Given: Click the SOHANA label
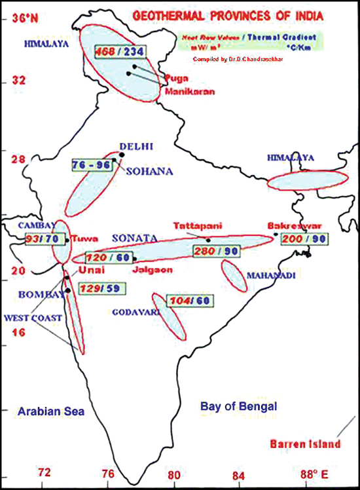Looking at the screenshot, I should point(150,172).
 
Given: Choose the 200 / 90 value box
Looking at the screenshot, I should point(304,240).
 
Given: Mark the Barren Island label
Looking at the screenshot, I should point(305,444).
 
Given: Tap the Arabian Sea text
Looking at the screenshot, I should point(48,411).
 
